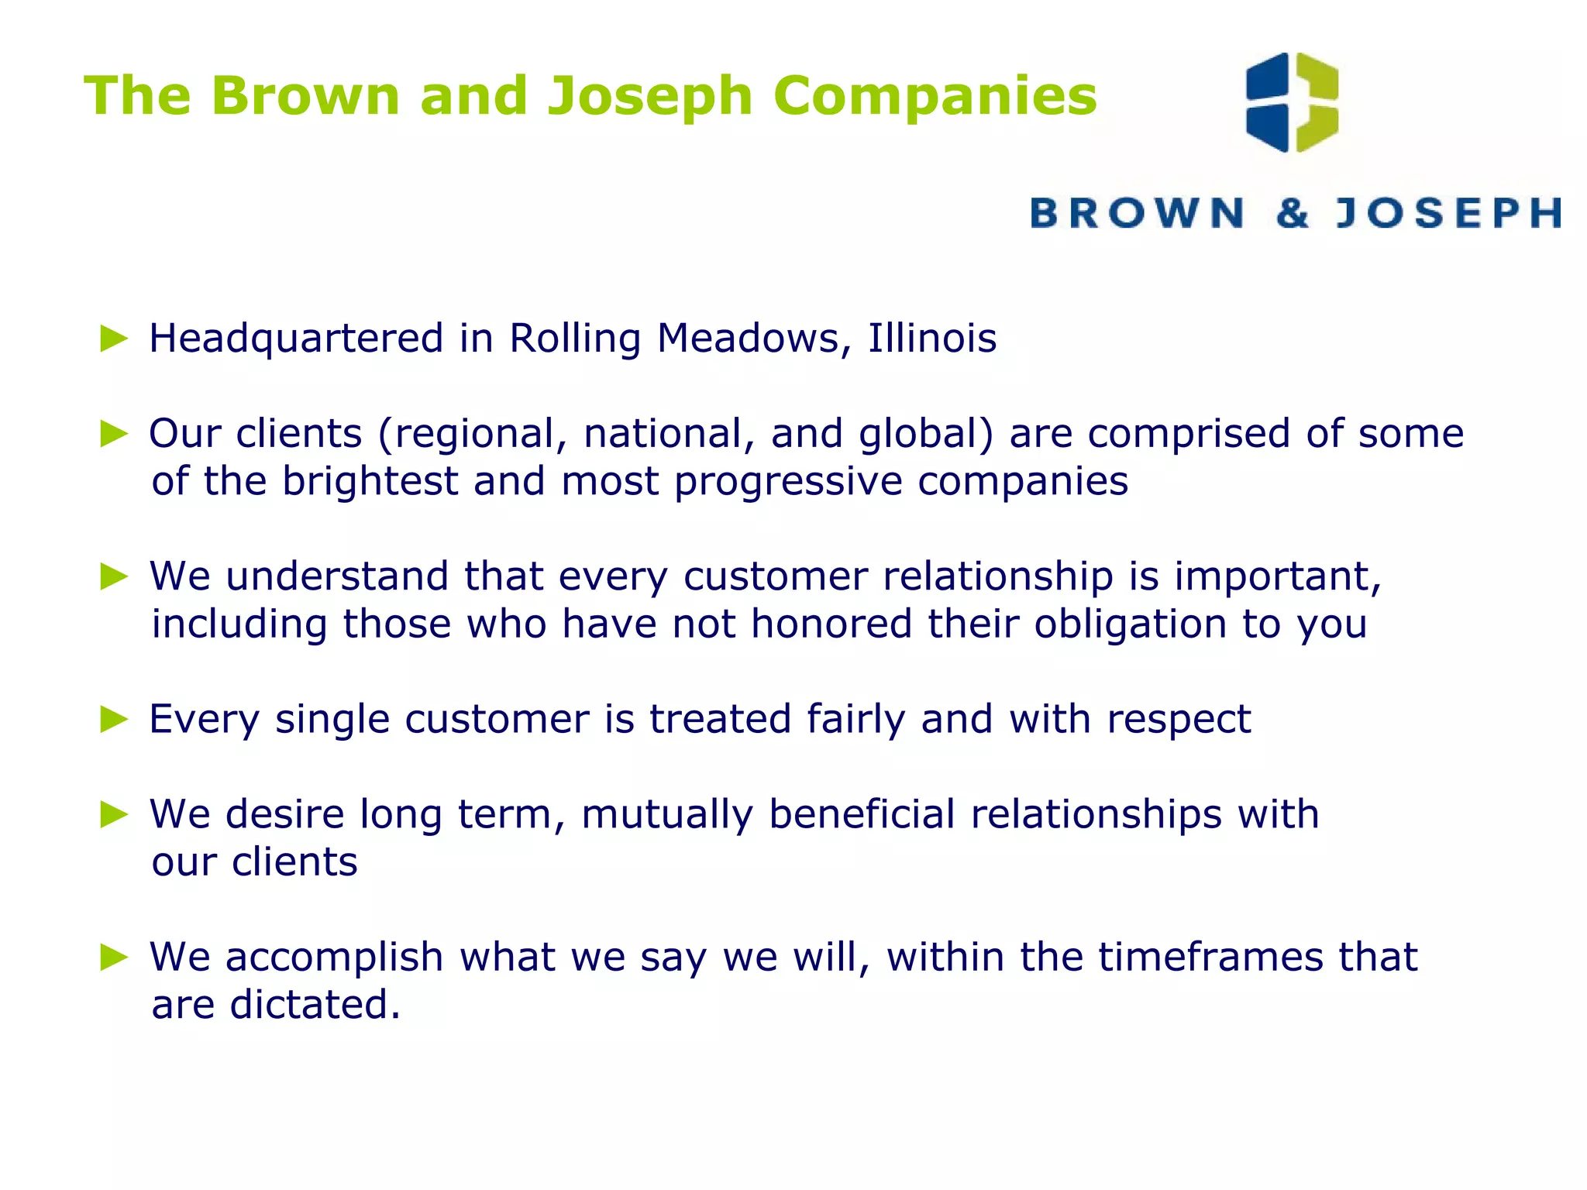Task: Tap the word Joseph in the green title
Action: pyautogui.click(x=649, y=96)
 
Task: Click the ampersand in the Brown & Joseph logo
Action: pyautogui.click(x=1292, y=213)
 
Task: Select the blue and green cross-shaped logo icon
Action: pyautogui.click(x=1292, y=102)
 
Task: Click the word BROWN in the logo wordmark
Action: pyautogui.click(x=1137, y=213)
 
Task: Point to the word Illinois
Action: pyautogui.click(x=931, y=338)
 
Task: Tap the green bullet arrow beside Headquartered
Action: pyautogui.click(x=114, y=339)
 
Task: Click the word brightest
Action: pyautogui.click(x=370, y=481)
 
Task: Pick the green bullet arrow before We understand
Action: pyautogui.click(x=114, y=576)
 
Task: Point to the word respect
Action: pyautogui.click(x=1178, y=720)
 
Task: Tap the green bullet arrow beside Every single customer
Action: pyautogui.click(x=114, y=720)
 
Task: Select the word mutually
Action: pyautogui.click(x=666, y=816)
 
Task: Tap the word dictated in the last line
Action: pyautogui.click(x=315, y=1005)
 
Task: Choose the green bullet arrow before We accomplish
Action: pyautogui.click(x=114, y=958)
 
